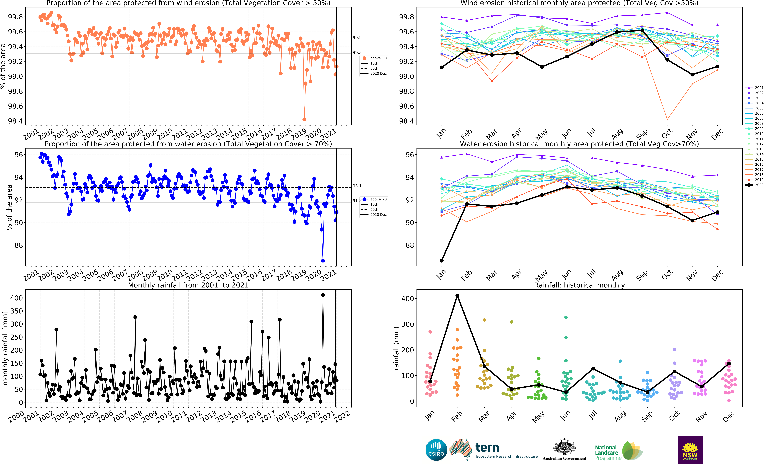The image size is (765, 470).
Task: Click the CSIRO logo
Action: click(x=436, y=450)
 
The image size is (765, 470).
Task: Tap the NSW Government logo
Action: click(x=690, y=450)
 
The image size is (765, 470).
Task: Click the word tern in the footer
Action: click(x=487, y=448)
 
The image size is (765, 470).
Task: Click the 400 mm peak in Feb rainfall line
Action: click(x=457, y=296)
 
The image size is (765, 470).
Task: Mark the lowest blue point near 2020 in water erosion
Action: click(x=323, y=260)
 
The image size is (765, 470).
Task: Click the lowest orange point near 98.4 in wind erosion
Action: click(x=304, y=119)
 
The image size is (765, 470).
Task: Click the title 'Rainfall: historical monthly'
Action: click(x=579, y=285)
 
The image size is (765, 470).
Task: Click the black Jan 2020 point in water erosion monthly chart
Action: click(x=442, y=260)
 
